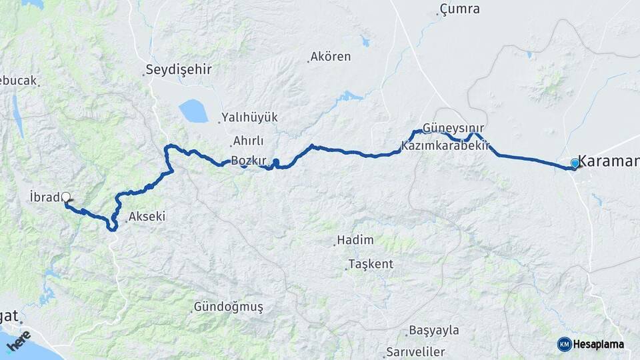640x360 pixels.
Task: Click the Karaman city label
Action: [608, 161]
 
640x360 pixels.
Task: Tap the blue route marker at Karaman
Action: [575, 163]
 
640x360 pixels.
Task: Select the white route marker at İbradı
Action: [65, 197]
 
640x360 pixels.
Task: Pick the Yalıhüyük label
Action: [250, 117]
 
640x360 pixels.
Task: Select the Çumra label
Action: [460, 9]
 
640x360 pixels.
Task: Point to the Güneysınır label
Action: [453, 128]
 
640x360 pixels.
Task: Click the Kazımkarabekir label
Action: [446, 145]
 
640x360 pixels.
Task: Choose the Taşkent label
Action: [371, 264]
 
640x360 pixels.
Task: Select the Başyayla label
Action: [435, 331]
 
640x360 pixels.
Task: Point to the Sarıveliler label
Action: [415, 352]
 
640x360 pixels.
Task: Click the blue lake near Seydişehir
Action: [193, 111]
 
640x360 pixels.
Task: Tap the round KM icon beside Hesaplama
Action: [564, 344]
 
